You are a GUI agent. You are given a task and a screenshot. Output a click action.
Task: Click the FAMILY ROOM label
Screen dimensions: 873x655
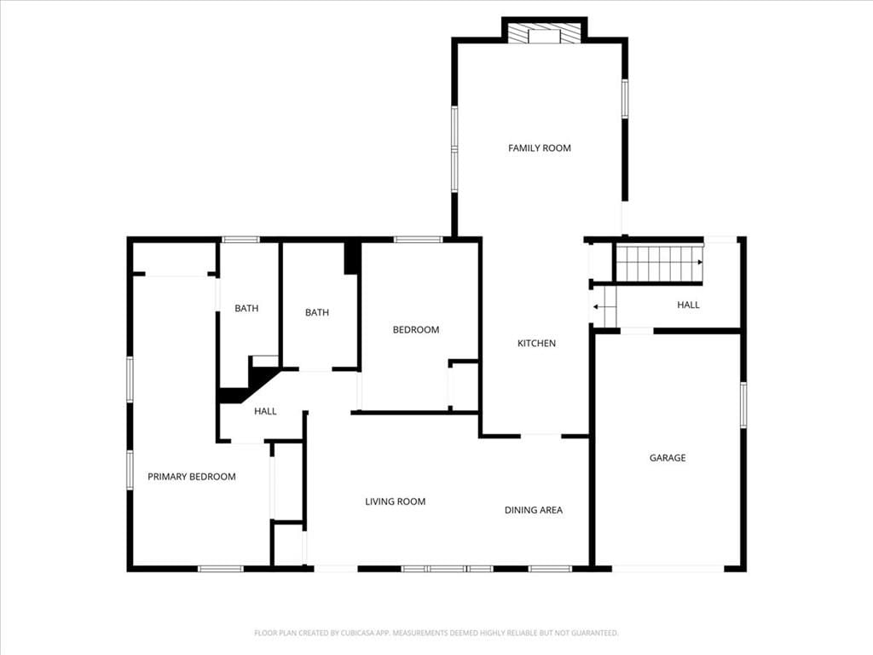540,148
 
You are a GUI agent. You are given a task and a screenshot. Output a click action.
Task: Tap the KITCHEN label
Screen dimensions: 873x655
537,343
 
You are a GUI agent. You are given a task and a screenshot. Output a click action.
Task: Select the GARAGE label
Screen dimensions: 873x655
668,458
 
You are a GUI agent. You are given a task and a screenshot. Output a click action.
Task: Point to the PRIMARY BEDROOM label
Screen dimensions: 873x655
192,477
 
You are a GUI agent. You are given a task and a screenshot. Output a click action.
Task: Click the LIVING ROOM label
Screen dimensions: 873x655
396,501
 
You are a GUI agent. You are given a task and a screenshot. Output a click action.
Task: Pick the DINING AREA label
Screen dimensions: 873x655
534,510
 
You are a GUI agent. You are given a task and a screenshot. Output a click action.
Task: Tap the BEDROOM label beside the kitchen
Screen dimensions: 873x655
416,330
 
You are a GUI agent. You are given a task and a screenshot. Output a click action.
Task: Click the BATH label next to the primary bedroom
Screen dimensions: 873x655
246,309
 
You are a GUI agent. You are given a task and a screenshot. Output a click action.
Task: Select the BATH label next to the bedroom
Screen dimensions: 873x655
317,313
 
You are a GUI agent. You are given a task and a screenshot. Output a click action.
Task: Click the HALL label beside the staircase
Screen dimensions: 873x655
688,305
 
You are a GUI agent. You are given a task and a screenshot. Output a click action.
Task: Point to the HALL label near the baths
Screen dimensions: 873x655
266,412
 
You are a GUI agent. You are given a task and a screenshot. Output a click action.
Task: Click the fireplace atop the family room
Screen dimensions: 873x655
545,33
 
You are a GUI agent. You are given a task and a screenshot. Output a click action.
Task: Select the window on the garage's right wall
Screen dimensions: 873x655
743,405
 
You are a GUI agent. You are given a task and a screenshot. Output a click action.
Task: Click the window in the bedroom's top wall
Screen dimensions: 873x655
418,240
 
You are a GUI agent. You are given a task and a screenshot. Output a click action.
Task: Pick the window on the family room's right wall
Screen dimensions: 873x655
625,99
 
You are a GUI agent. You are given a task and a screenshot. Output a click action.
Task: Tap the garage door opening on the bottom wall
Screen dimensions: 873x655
668,569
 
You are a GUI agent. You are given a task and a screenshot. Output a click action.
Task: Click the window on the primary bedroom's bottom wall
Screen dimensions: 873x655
221,569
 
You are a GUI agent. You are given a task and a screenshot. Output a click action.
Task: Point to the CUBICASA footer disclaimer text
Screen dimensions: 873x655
436,634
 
